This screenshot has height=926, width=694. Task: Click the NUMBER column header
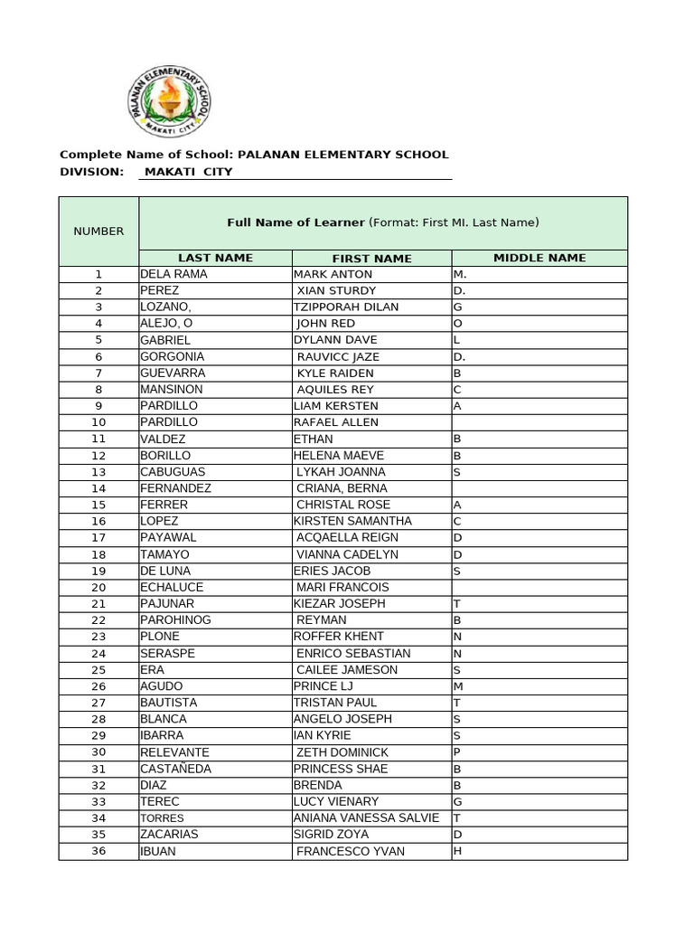point(98,231)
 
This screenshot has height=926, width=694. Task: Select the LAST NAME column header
point(215,259)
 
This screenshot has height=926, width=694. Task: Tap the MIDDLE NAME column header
point(539,259)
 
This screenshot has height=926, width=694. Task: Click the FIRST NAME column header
point(371,259)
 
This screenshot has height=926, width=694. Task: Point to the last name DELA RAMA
point(173,274)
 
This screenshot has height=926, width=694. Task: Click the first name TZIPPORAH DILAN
point(346,307)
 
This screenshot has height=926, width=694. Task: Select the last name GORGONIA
point(172,356)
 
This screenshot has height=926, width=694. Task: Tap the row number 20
point(98,587)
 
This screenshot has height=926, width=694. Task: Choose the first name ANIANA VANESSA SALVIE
point(366,817)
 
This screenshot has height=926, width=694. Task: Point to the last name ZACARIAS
point(169,835)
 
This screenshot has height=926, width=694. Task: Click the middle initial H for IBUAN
point(457,851)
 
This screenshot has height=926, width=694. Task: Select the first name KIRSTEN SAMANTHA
point(352,521)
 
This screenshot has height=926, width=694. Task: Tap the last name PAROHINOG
point(173,620)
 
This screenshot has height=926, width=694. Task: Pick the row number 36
point(98,851)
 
